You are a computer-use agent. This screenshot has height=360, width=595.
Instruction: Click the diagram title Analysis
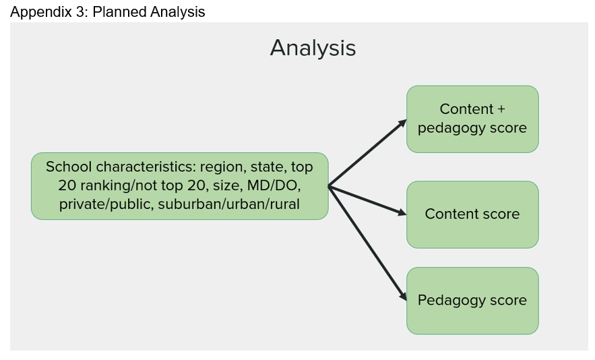click(313, 49)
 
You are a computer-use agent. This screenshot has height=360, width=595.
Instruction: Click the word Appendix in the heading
click(41, 12)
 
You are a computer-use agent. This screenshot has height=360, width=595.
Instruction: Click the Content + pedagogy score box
click(472, 119)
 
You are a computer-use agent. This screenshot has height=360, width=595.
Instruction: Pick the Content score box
click(472, 214)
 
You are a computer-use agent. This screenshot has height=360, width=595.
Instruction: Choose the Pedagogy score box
click(472, 301)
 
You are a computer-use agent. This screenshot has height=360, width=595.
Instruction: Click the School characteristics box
click(179, 186)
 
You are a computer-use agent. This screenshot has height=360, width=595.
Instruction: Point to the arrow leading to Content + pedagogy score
click(367, 153)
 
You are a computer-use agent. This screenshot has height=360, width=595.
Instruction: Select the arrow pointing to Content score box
click(367, 200)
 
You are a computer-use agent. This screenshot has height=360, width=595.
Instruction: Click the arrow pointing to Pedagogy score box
click(367, 243)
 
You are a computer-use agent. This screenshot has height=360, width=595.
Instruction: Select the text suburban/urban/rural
click(229, 204)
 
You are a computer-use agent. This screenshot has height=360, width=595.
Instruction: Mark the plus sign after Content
click(501, 109)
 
